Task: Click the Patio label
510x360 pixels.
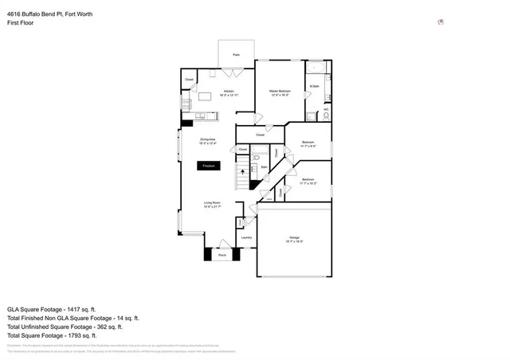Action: click(237, 55)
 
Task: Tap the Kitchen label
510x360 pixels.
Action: click(229, 92)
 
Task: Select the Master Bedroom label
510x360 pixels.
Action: click(279, 92)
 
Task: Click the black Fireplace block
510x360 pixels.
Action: click(209, 166)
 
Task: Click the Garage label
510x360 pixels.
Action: click(293, 239)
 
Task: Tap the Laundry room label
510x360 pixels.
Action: click(246, 237)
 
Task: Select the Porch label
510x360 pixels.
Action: click(223, 256)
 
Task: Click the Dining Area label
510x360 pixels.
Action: click(208, 140)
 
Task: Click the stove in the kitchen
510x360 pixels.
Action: click(187, 104)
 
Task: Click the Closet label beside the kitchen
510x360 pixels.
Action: click(189, 80)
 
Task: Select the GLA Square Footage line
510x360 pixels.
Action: click(51, 308)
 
